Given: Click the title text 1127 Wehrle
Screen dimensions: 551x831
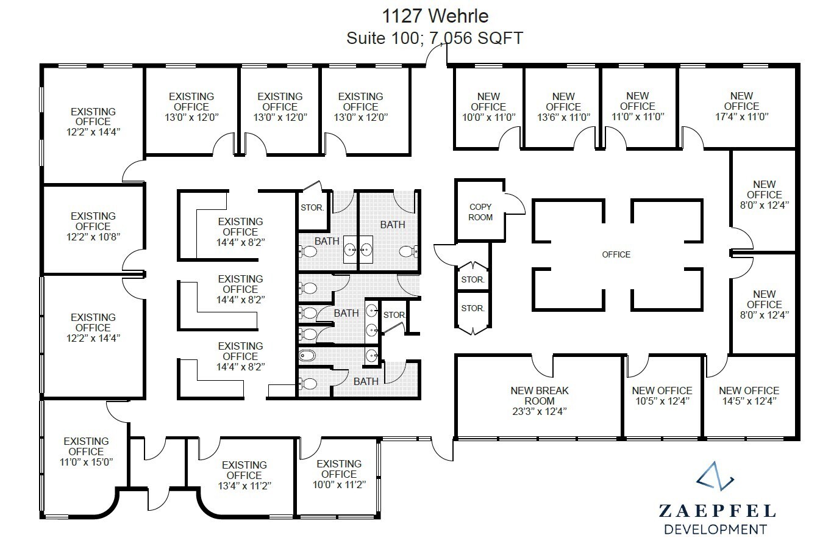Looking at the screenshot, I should tap(435, 15).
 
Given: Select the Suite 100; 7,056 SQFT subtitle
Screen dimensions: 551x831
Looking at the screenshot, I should tap(435, 38).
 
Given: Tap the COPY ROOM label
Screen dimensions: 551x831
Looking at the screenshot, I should tap(480, 212).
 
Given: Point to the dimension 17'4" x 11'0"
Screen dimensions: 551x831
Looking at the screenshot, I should tap(741, 117).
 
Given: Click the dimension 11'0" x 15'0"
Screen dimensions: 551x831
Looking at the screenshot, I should tap(86, 462).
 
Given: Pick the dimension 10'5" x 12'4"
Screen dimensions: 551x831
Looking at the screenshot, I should tap(662, 401).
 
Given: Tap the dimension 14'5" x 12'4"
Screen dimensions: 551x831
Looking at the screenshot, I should tap(749, 401).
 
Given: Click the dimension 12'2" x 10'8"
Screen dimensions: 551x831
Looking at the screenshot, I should tap(93, 237).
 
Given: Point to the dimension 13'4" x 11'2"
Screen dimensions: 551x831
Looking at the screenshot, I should tap(244, 486).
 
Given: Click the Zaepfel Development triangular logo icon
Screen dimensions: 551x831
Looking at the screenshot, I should tap(715, 477).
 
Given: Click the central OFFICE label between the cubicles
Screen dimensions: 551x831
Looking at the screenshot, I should tap(616, 254).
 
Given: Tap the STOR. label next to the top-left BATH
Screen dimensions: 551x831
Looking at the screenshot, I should tap(312, 207).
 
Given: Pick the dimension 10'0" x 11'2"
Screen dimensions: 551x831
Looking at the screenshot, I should tap(339, 484).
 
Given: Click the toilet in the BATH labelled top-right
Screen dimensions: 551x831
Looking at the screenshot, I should tap(408, 251).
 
